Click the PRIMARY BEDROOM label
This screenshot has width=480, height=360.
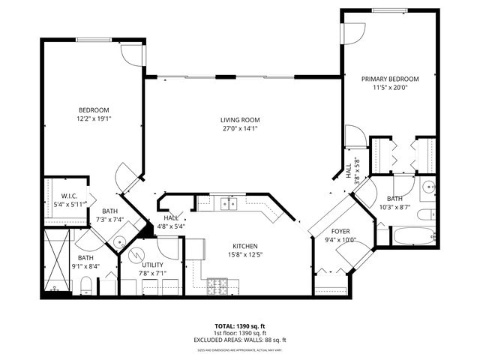[390, 79]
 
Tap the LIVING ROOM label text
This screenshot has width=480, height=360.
[240, 119]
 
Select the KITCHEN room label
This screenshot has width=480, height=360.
[245, 246]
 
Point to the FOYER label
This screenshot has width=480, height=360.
[341, 232]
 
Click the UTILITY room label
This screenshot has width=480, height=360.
[152, 265]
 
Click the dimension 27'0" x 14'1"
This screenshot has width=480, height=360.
[240, 128]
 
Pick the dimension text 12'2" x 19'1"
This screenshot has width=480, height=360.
[94, 118]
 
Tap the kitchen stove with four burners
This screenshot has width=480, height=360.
[217, 285]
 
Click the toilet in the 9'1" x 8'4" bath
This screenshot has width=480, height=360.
[86, 284]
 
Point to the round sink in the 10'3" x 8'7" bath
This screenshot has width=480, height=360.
[429, 188]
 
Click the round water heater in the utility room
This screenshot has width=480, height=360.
[135, 253]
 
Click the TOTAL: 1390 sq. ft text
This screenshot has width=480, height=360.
[240, 326]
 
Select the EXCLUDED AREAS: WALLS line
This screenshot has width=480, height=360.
[240, 339]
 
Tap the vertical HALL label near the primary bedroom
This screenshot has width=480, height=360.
[349, 171]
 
